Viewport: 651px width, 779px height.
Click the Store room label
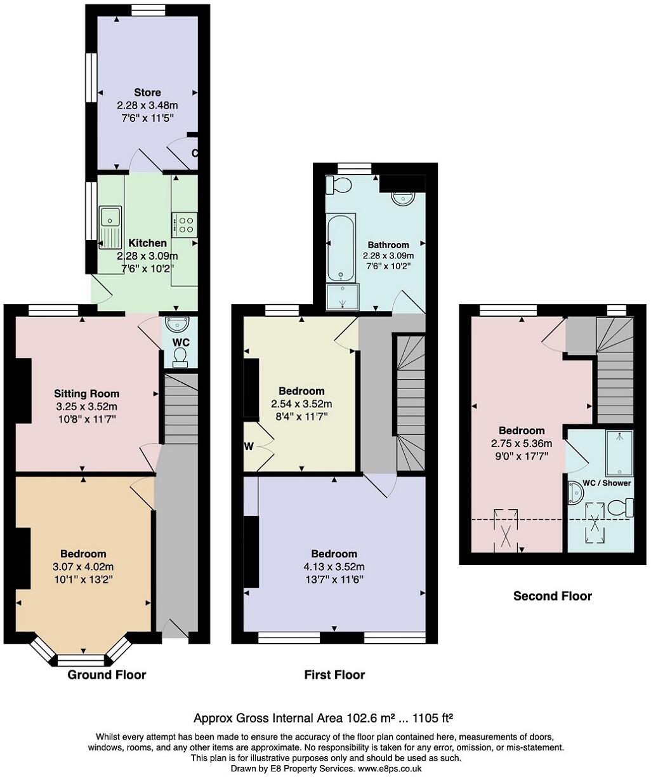pyautogui.click(x=147, y=93)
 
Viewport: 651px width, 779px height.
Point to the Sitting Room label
pyautogui.click(x=87, y=394)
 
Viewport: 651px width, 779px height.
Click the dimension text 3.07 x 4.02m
pyautogui.click(x=83, y=567)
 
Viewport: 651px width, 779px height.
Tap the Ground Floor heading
pyautogui.click(x=107, y=675)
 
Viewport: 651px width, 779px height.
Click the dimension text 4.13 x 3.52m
pyautogui.click(x=334, y=567)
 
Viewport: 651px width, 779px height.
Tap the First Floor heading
pyautogui.click(x=334, y=675)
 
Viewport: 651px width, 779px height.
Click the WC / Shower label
pyautogui.click(x=607, y=483)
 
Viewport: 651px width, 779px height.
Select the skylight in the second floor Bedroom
pyautogui.click(x=506, y=530)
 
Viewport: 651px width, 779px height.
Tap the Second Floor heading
pyautogui.click(x=552, y=596)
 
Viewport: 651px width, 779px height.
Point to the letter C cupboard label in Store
pyautogui.click(x=194, y=153)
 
